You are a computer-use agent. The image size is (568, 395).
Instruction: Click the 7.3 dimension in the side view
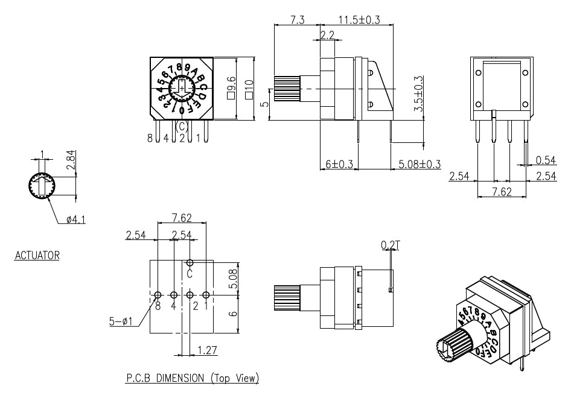point(297,20)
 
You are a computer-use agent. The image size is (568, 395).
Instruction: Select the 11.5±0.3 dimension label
point(359,20)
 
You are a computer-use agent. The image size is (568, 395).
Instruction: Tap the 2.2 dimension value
point(328,36)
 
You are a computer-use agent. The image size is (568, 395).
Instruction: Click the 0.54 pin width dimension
point(546,160)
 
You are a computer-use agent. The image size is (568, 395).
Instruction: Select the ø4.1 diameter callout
point(75,220)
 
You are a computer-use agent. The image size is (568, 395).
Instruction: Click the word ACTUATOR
point(37,256)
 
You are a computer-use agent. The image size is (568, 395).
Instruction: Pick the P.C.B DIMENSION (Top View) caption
point(192,379)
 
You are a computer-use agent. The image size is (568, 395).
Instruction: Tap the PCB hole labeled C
point(190,263)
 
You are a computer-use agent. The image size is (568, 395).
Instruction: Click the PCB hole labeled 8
point(158,295)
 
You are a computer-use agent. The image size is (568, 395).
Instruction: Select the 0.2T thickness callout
point(389,245)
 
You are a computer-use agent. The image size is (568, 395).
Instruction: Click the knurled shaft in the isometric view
point(449,349)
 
